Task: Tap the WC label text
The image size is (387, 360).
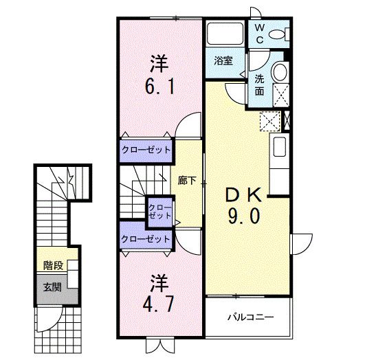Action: [x=260, y=34]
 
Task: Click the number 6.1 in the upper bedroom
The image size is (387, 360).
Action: [x=159, y=88]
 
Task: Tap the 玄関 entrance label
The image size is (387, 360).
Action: [x=52, y=286]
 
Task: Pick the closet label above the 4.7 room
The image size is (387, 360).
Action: [x=146, y=239]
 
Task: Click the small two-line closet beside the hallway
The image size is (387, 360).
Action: [x=160, y=211]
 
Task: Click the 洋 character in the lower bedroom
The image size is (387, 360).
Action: [x=159, y=280]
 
